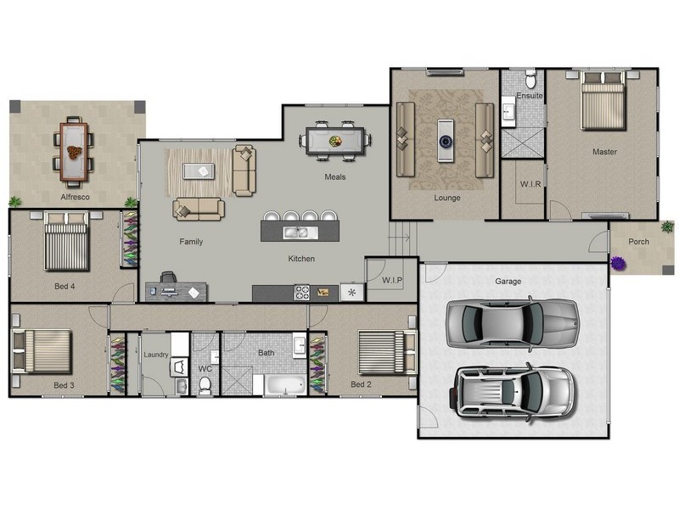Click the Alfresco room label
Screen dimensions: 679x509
coord(75,197)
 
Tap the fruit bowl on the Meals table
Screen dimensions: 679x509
coord(334,141)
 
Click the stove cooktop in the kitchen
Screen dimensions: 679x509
coord(302,293)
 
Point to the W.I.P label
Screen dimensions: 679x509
coord(392,280)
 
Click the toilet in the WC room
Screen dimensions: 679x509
coord(205,385)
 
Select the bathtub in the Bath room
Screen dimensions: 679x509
coord(285,385)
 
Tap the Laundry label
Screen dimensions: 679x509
coord(156,355)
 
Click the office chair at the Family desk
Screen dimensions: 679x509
coord(168,277)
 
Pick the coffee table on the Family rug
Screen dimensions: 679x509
coord(199,171)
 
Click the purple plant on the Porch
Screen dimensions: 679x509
coord(618,263)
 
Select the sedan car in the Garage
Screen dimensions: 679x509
coord(513,323)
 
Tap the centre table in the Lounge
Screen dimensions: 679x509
coord(445,141)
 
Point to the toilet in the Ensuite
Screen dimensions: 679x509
coord(531,79)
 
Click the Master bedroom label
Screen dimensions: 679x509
coord(604,152)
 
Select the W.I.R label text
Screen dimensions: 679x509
coord(530,184)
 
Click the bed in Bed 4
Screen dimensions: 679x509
coord(67,241)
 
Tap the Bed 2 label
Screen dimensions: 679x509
coord(361,384)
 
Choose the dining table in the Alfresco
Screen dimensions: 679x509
coord(74,152)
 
